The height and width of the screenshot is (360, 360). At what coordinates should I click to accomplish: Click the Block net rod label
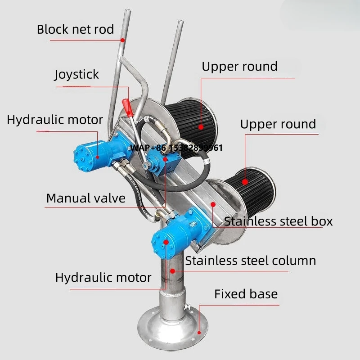pos(75,30)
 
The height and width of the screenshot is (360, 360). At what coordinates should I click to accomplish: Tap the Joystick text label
pos(76,74)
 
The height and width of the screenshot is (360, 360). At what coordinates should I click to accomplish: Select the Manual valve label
pos(86,198)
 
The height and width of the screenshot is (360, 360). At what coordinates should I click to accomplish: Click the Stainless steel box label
pos(278,221)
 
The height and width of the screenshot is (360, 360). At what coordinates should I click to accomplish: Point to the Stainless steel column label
pos(251,261)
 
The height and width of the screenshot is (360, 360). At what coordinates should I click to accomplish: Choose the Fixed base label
pos(246,294)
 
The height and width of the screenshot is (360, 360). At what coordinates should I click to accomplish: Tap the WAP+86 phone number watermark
pos(176,148)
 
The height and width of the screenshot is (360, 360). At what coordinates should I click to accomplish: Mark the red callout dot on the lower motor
pos(167,242)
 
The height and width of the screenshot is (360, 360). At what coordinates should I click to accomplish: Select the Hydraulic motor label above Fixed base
pos(103,277)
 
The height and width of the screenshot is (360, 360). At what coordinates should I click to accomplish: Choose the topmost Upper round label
pos(239,67)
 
